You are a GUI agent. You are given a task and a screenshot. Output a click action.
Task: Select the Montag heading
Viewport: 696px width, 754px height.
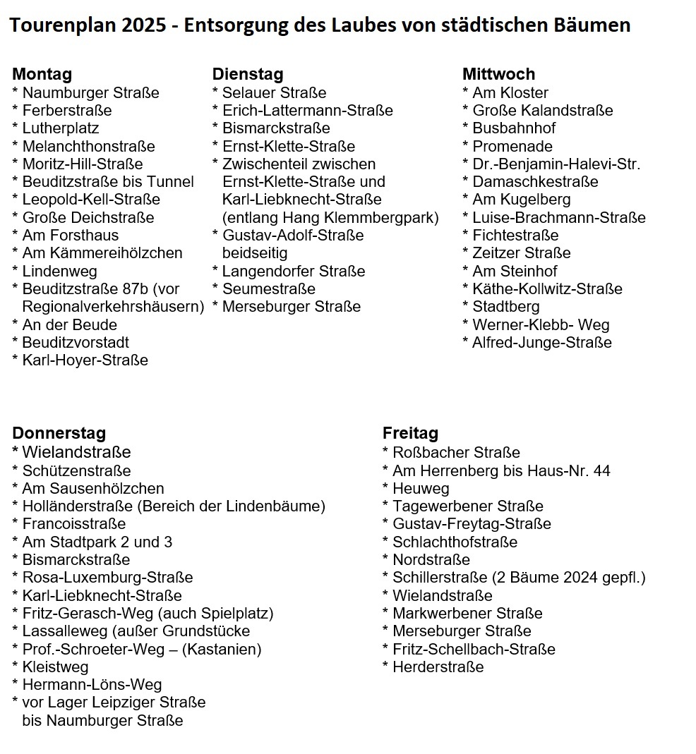click(42, 74)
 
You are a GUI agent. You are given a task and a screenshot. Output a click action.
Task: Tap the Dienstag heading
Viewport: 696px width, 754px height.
click(248, 74)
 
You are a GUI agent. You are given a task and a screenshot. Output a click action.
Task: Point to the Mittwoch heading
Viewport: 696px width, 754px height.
click(498, 74)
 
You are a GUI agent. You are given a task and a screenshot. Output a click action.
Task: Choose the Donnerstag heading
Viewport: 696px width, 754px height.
click(59, 433)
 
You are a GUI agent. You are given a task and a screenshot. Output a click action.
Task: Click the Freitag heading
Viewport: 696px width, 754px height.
click(410, 433)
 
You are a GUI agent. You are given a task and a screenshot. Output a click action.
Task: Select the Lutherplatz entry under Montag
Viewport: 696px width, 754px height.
click(61, 128)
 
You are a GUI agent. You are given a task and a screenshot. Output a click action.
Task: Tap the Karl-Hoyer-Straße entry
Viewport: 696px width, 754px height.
click(85, 360)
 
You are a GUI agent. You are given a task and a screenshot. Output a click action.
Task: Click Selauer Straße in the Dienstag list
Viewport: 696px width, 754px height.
click(275, 92)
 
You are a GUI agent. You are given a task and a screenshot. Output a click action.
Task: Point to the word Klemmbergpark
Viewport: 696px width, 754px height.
click(390, 217)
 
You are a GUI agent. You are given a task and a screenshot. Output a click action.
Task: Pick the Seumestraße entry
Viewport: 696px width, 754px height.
click(269, 289)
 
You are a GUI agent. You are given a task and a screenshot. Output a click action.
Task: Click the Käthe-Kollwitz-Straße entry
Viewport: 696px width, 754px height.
click(548, 289)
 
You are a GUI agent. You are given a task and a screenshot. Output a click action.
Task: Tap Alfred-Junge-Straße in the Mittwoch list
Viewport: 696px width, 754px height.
click(542, 343)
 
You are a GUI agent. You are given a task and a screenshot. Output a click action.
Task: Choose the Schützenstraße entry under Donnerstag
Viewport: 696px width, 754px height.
click(76, 470)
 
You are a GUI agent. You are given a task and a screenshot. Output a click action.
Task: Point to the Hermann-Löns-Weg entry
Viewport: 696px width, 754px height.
click(92, 685)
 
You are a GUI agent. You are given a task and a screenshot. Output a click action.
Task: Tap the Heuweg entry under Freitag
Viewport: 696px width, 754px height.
click(421, 488)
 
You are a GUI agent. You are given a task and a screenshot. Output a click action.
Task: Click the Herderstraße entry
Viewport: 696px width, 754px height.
click(438, 667)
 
